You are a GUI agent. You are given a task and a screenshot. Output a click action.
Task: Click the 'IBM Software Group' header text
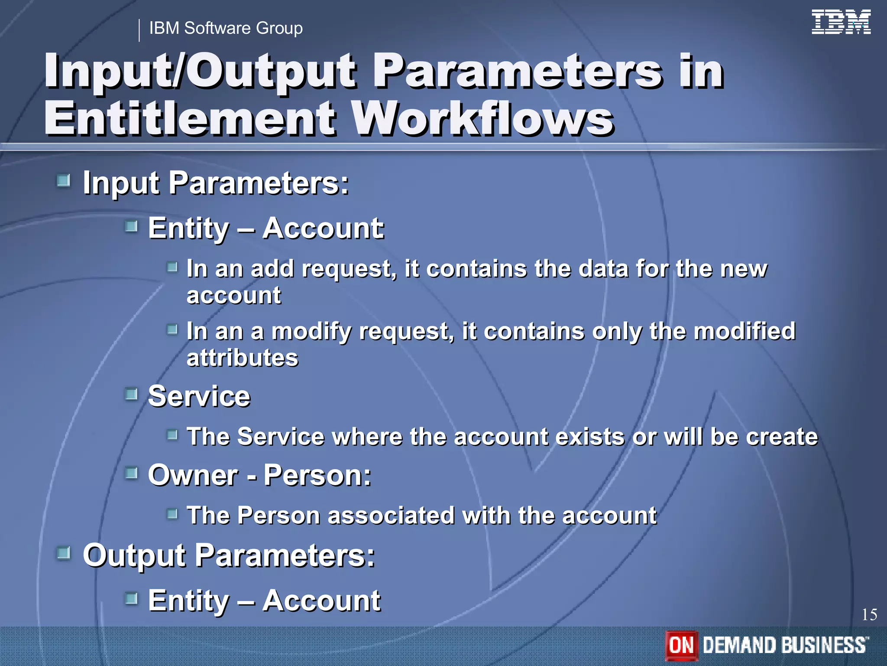(x=226, y=28)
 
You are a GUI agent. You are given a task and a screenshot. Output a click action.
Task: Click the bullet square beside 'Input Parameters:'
(x=64, y=180)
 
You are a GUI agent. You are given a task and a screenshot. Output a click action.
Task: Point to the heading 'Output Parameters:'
(x=229, y=555)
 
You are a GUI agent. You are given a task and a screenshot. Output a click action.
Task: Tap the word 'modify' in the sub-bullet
(x=311, y=331)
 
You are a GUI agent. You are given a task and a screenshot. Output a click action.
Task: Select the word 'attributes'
(x=242, y=358)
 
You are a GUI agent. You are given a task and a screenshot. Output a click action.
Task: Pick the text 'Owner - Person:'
(x=259, y=475)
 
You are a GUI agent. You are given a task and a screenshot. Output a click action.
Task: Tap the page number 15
(x=869, y=615)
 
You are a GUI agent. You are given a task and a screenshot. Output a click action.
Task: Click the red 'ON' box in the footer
(x=681, y=645)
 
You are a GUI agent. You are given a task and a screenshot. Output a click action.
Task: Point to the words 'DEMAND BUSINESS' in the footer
(x=784, y=645)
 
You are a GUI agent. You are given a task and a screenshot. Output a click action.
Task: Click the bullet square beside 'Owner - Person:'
(x=131, y=473)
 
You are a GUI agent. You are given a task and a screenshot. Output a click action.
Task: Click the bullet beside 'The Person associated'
(x=172, y=514)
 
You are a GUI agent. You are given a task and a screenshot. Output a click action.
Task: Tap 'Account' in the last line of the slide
(x=321, y=601)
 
